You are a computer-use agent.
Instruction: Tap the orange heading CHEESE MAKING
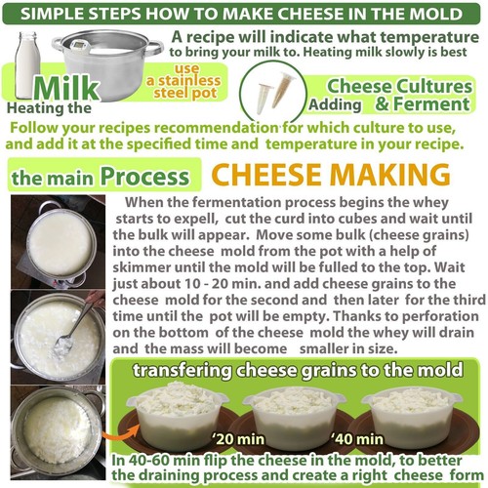point(332,175)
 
